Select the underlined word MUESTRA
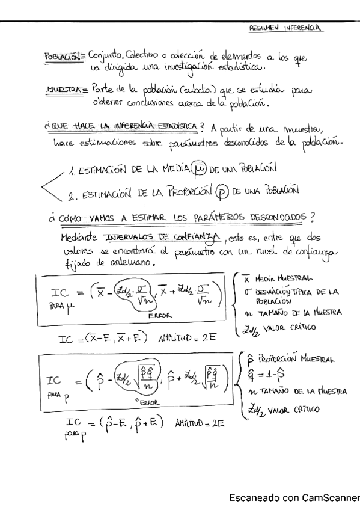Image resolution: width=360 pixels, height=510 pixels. coord(63,90)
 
